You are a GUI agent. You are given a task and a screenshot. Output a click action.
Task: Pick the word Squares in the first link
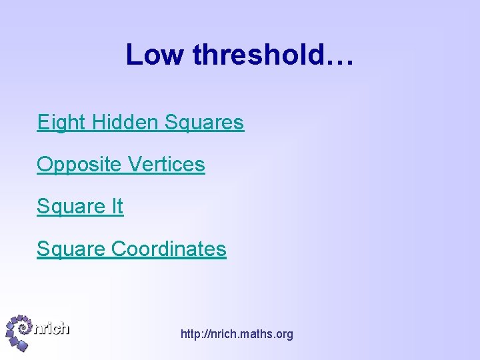point(204,123)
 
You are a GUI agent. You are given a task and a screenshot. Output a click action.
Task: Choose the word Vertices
point(167,165)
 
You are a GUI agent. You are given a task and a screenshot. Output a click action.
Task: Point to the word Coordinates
point(169,249)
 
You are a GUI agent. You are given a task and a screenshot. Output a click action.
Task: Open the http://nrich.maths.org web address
point(237,334)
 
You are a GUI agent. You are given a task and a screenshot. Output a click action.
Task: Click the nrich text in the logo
point(52,328)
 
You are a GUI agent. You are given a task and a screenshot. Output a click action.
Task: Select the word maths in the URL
point(250,334)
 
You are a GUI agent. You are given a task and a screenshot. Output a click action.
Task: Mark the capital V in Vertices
point(134,165)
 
